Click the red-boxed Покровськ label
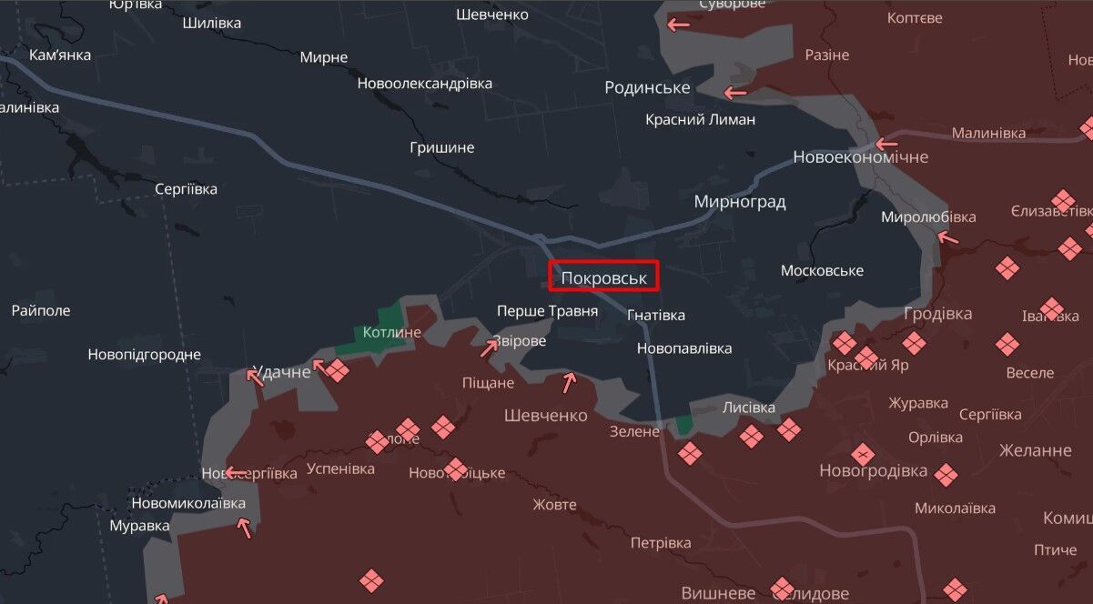pyautogui.click(x=603, y=276)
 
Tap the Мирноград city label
pyautogui.click(x=739, y=202)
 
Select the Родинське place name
pyautogui.click(x=647, y=87)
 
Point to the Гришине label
pyautogui.click(x=441, y=147)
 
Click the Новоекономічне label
pyautogui.click(x=860, y=157)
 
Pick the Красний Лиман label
pyautogui.click(x=700, y=119)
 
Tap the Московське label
pyautogui.click(x=822, y=271)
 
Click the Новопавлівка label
pyautogui.click(x=683, y=348)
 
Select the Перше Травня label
pyautogui.click(x=547, y=311)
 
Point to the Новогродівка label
pyautogui.click(x=873, y=471)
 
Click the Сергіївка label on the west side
pyautogui.click(x=186, y=189)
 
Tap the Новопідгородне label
pyautogui.click(x=144, y=355)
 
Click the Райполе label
pyautogui.click(x=40, y=310)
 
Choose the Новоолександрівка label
pyautogui.click(x=424, y=84)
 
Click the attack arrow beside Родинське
pyautogui.click(x=734, y=92)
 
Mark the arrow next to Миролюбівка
pyautogui.click(x=947, y=238)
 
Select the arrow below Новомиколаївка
pyautogui.click(x=243, y=527)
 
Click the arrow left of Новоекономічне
pyautogui.click(x=886, y=143)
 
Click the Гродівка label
pyautogui.click(x=937, y=314)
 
